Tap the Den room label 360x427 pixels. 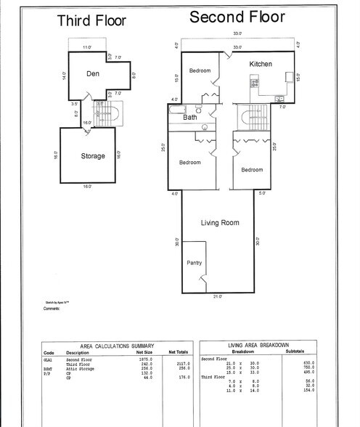coord(93,73)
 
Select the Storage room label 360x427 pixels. coord(93,155)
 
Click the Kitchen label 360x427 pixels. coord(261,64)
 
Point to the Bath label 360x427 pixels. coord(190,117)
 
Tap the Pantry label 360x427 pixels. coord(194,263)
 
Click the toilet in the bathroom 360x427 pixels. coord(205,128)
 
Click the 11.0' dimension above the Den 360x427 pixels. coord(86,47)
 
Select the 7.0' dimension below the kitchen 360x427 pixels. coord(283,105)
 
